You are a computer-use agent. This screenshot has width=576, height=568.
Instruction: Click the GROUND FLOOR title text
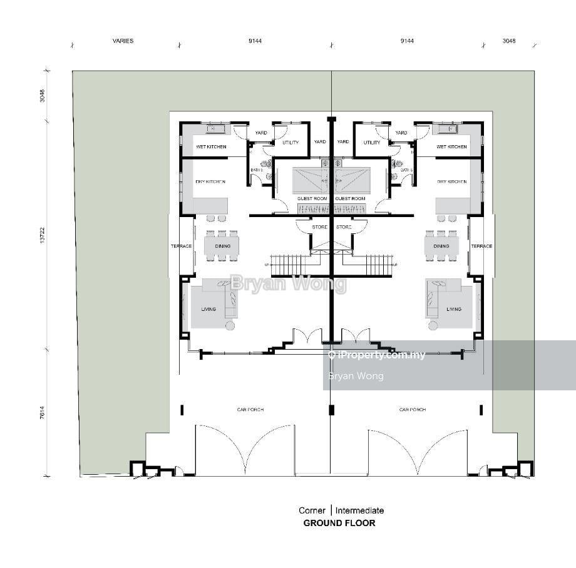(x=339, y=523)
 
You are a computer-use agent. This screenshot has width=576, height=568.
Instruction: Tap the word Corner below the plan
(x=312, y=510)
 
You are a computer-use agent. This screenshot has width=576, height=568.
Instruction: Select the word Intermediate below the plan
(x=360, y=510)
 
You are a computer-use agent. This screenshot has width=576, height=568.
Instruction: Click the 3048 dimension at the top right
(x=509, y=41)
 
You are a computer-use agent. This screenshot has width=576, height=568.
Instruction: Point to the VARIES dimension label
(x=123, y=41)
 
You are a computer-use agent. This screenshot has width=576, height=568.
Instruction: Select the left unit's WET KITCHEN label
(x=210, y=147)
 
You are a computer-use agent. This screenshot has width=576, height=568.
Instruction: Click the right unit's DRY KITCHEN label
(x=452, y=182)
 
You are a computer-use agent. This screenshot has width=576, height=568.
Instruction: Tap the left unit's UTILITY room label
(x=291, y=143)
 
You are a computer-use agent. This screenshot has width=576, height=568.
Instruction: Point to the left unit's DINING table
(x=222, y=246)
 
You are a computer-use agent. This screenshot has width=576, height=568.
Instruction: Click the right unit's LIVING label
(x=454, y=309)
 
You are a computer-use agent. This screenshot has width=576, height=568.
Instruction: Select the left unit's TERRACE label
(x=182, y=246)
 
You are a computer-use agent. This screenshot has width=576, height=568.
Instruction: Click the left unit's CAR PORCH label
(x=250, y=410)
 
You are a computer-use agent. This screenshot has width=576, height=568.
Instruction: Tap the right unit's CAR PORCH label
(x=412, y=410)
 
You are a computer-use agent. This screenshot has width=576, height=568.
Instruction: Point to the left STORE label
(x=319, y=226)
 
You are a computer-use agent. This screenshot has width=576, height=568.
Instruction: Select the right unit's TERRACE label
(x=481, y=246)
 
